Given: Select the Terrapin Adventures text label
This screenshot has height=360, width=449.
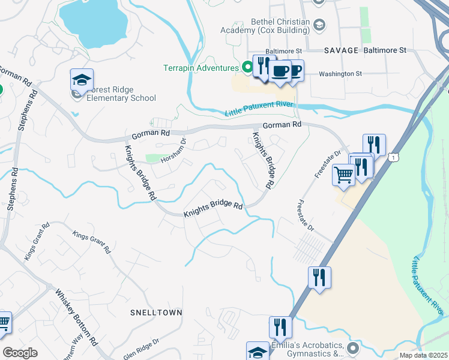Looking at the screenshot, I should tap(201, 68).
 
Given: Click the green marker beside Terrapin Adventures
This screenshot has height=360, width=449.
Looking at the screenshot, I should tap(246, 67).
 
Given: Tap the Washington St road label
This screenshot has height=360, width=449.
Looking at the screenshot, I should tap(340, 74).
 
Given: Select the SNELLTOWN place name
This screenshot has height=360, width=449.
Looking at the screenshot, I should tap(156, 313).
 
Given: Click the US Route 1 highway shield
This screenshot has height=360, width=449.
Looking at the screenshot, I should tap(393, 157).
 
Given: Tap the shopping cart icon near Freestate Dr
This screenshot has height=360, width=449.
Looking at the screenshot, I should tap(343, 175).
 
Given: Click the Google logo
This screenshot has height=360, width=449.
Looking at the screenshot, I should tap(20, 353).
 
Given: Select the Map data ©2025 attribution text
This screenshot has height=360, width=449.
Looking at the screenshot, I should tap(424, 355).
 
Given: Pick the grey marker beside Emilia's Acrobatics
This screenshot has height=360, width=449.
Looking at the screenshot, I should tap(353, 347).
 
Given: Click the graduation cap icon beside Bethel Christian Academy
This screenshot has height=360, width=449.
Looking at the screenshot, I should tap(320, 25).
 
